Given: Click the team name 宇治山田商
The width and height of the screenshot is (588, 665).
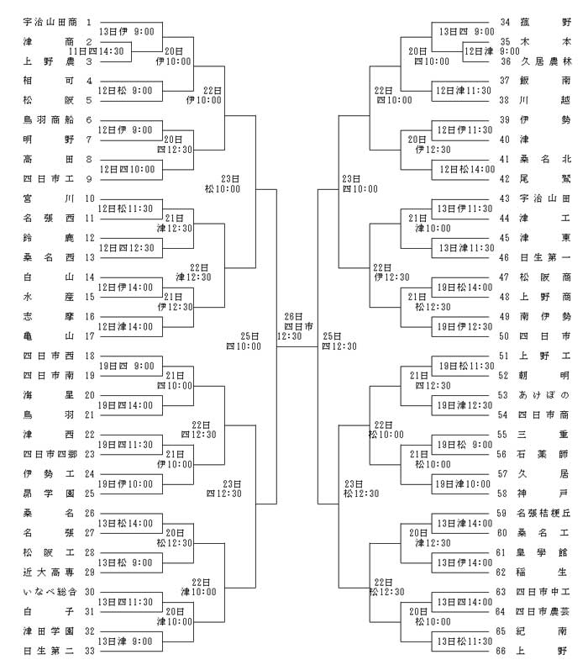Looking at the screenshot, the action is point(50,22).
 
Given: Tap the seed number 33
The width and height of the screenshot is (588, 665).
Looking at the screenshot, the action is point(89,651).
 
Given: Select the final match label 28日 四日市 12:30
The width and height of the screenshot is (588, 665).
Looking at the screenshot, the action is point(296,326).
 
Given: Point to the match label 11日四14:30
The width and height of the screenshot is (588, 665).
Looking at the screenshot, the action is point(96,51).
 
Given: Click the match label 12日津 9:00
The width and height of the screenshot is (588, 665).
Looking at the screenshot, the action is point(492,51).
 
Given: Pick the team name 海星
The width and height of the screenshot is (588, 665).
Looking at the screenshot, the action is point(48,395).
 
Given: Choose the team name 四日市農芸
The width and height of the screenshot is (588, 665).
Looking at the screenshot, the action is point(543,611).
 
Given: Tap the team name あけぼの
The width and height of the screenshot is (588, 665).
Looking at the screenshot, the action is point(544,395).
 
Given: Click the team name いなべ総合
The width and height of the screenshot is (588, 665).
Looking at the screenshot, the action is point(50,592).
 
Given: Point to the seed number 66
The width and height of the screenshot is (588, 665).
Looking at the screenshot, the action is point(501,651).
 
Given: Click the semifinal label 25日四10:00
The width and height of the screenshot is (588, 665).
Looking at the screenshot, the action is point(244,341).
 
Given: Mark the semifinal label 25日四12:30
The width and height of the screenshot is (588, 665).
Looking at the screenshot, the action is point(339,341).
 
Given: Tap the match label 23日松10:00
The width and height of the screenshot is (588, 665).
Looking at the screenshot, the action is point(223,184).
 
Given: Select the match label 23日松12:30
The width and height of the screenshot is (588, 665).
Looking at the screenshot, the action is point(361,488).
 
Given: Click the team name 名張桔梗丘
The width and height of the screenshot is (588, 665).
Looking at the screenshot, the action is point(543,513).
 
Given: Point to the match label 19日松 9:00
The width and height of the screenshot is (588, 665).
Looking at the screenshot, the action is point(465,445).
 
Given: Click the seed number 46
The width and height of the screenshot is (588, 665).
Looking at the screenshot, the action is point(504,257).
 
